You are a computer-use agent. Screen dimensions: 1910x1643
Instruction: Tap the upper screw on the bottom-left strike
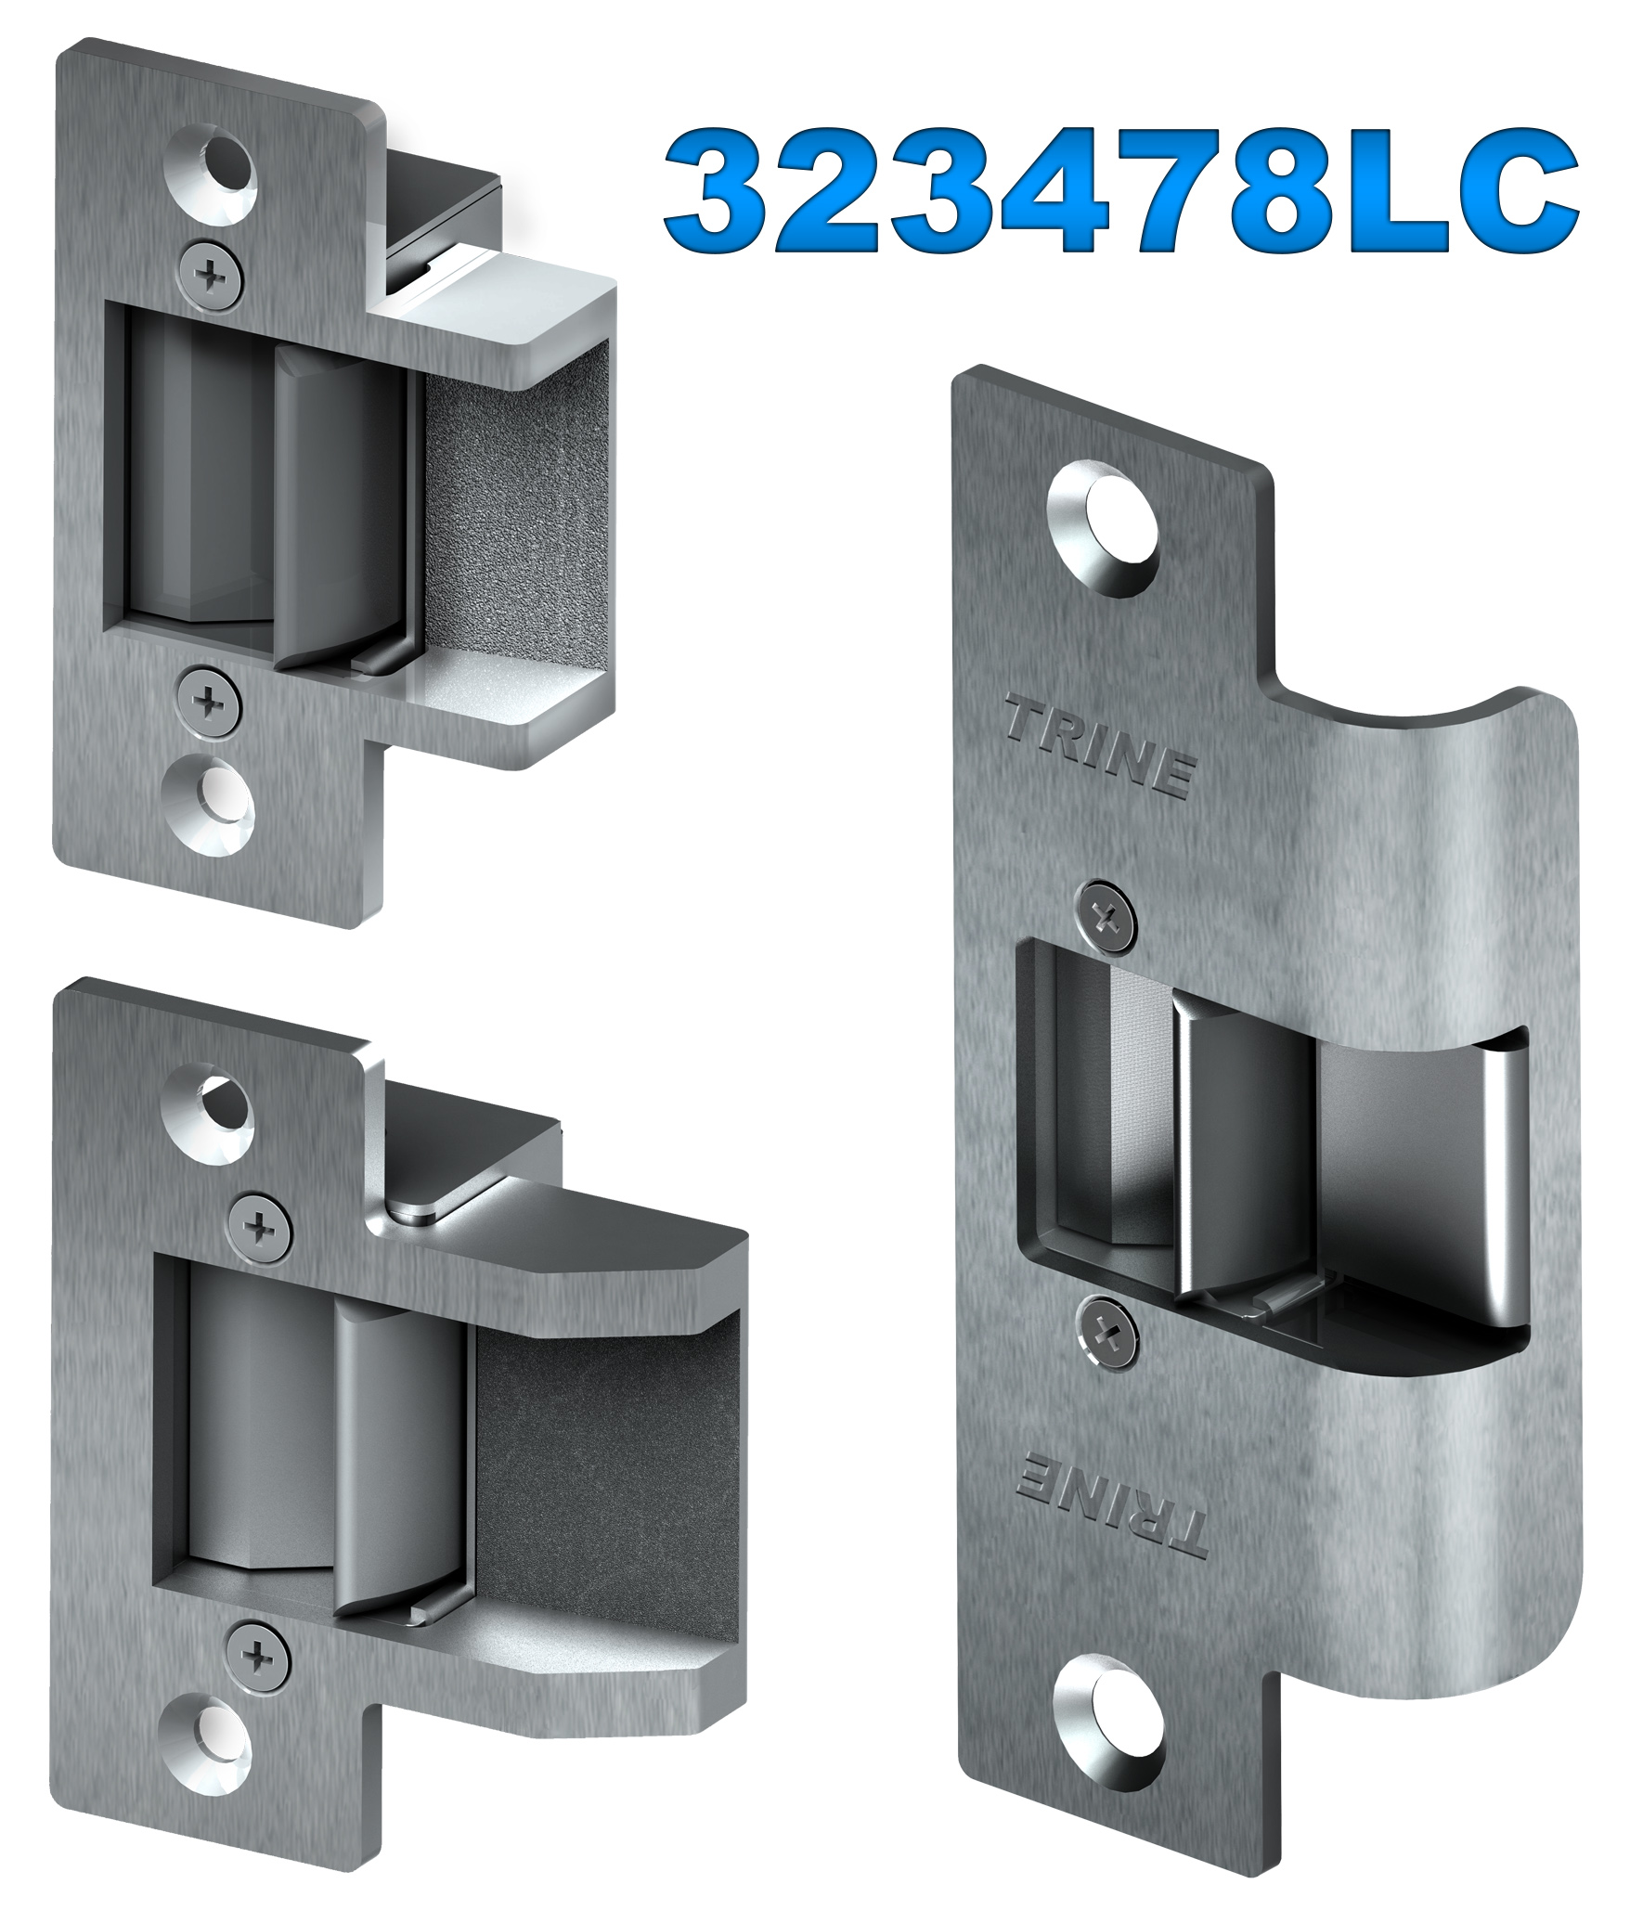click(259, 1229)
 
